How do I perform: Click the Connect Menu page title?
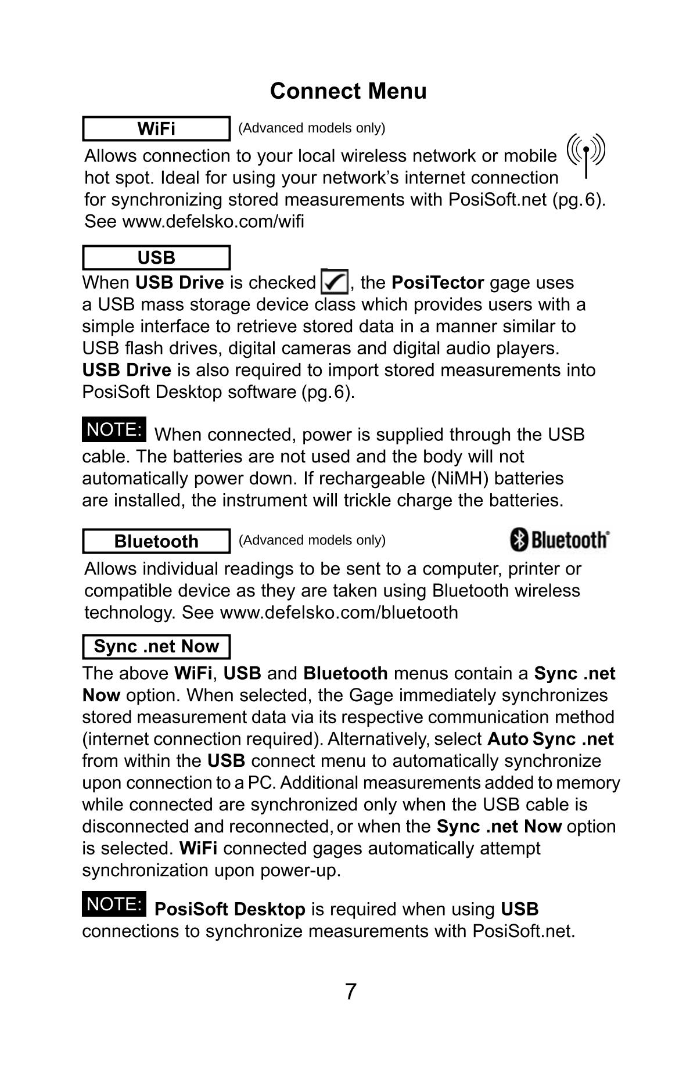[348, 91]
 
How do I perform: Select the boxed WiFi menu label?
[156, 128]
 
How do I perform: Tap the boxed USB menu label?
[156, 257]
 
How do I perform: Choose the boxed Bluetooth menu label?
[156, 541]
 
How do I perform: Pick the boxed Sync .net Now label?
[156, 647]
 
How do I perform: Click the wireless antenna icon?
[586, 155]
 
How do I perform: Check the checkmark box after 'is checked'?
[334, 282]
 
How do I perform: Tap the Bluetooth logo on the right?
[559, 540]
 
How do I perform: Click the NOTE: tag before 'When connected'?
[114, 429]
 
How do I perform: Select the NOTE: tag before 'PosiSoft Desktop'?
[114, 904]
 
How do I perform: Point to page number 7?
[350, 992]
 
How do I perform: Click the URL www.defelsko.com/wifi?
[213, 221]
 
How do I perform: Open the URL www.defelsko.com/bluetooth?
[339, 612]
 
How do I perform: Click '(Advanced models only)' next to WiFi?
[312, 128]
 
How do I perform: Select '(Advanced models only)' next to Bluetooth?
[312, 540]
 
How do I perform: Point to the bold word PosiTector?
[437, 283]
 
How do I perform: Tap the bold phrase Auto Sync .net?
[550, 739]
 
